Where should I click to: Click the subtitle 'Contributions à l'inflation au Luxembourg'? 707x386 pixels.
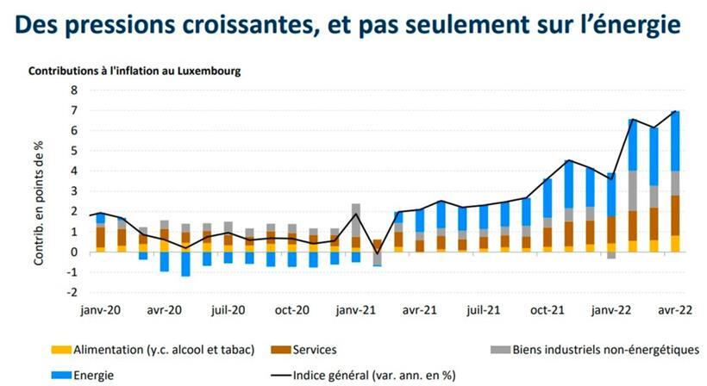coord(135,71)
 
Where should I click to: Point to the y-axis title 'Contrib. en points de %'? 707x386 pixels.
coord(40,191)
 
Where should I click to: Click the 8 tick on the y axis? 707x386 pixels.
coord(74,90)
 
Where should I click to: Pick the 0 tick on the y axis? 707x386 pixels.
coord(74,252)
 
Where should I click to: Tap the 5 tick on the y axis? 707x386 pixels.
coord(74,151)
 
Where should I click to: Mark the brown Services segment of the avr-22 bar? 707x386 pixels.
coord(676,215)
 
